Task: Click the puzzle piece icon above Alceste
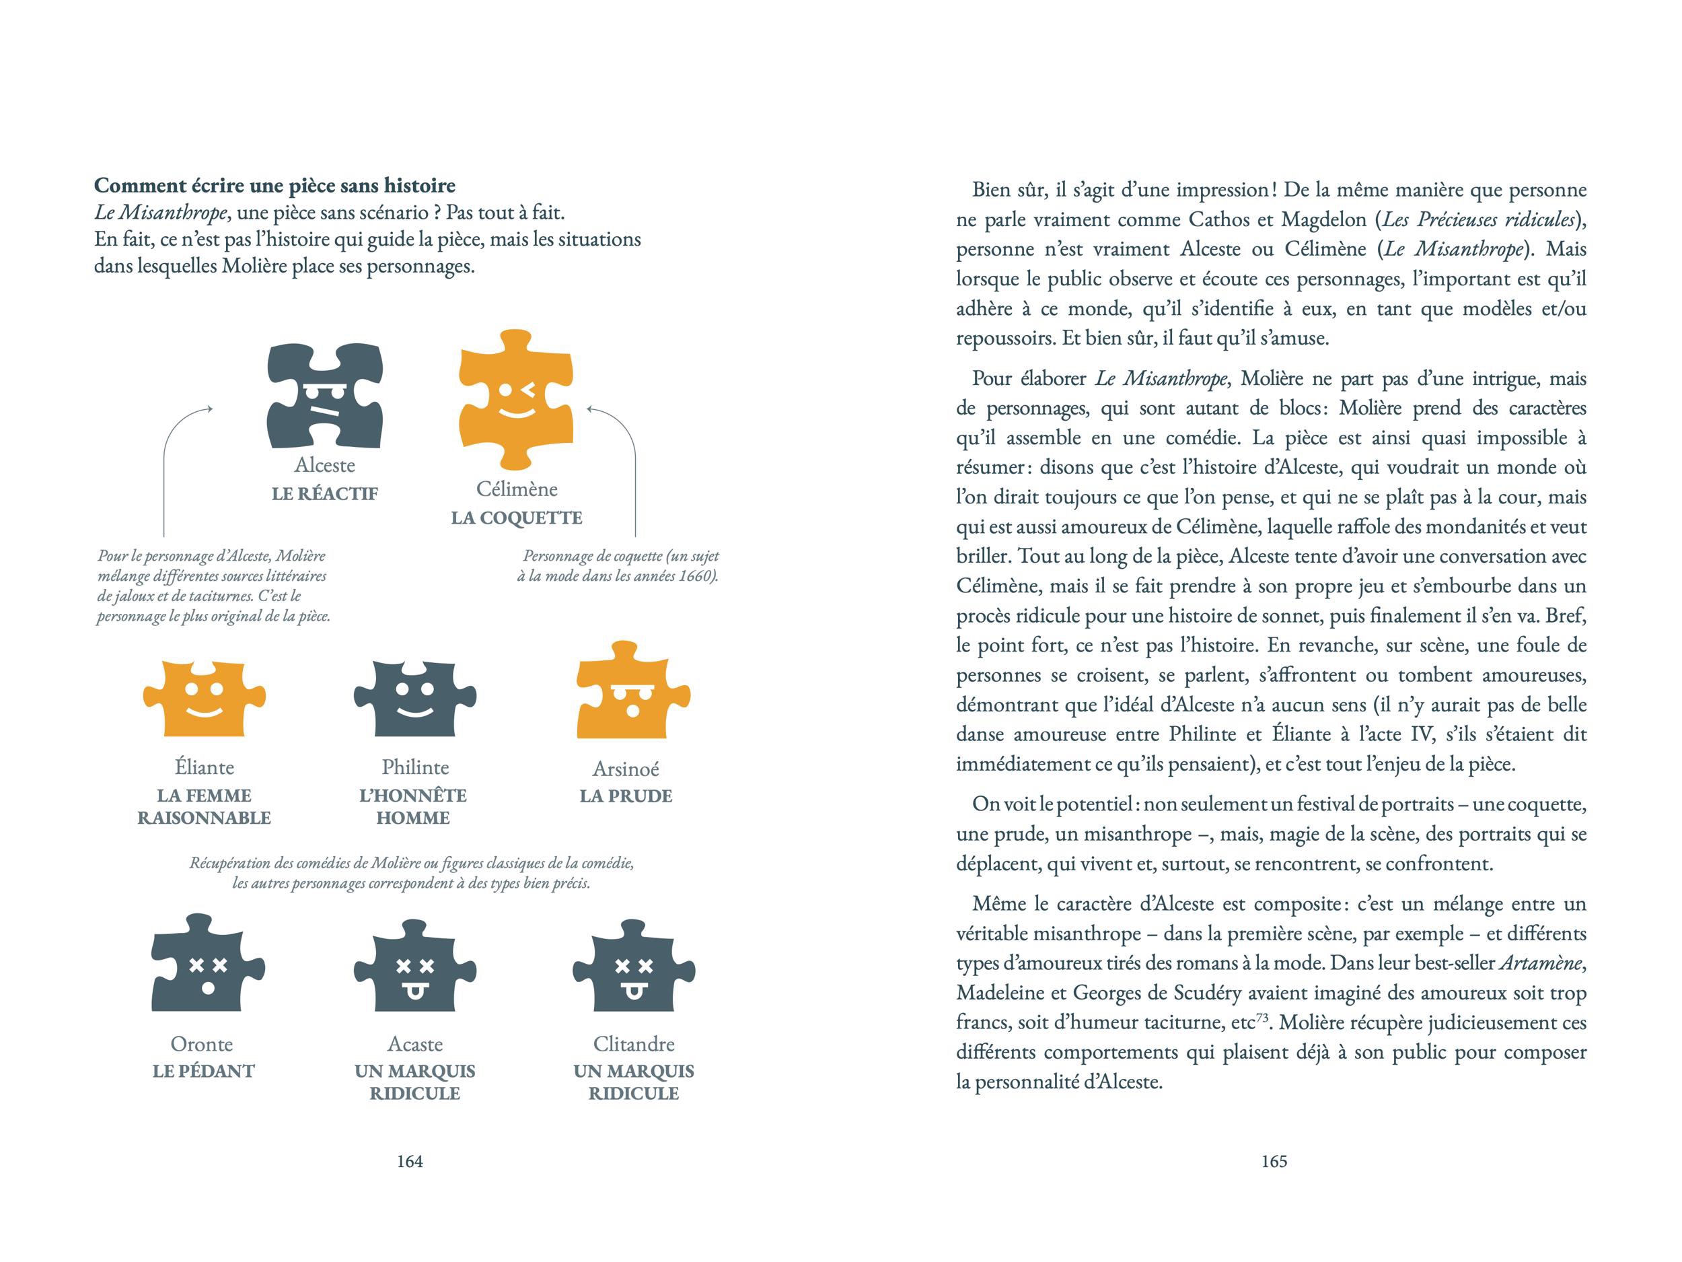[x=325, y=396]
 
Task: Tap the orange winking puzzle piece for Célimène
[x=516, y=400]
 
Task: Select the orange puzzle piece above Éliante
[x=205, y=699]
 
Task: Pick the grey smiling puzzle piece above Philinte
[x=414, y=699]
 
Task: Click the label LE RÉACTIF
[x=325, y=493]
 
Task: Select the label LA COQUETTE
[x=516, y=518]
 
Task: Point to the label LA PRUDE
[x=626, y=796]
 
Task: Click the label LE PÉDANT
[x=203, y=1071]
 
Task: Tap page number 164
[x=410, y=1162]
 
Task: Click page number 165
[x=1274, y=1162]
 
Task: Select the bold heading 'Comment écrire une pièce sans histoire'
[x=275, y=186]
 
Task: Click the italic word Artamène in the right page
[x=1541, y=963]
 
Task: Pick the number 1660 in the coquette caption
[x=694, y=576]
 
